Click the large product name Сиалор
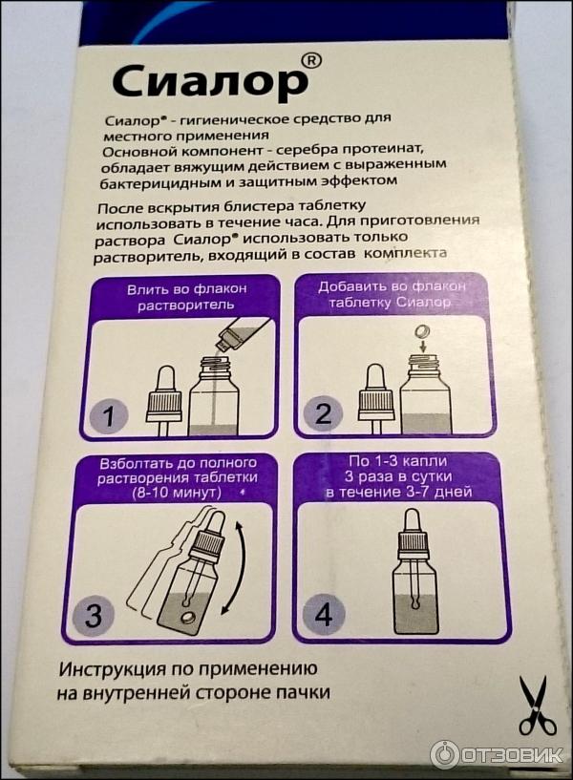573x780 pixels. point(209,82)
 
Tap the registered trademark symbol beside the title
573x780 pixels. point(311,61)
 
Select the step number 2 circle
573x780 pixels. point(323,412)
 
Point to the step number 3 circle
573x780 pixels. point(94,614)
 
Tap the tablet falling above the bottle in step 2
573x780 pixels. point(423,331)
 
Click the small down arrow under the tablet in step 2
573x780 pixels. point(423,346)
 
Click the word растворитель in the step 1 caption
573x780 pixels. point(185,305)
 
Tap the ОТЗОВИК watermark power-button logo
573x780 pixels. point(443,754)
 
